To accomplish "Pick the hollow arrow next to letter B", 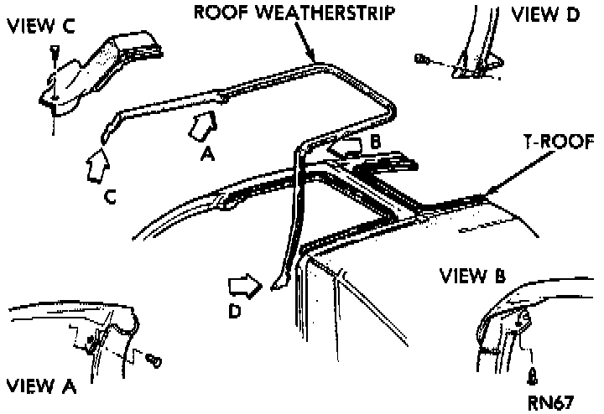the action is point(348,148).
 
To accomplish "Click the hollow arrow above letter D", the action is point(247,287).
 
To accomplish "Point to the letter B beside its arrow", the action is point(375,142).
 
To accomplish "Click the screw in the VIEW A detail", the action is point(154,360).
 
